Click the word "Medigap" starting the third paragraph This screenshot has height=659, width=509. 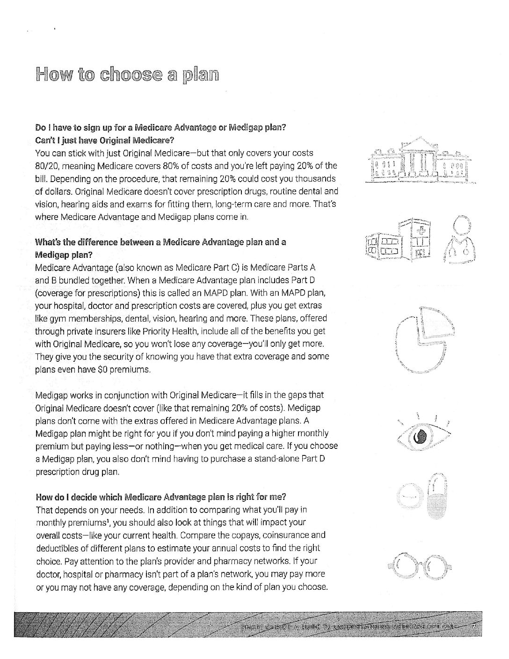[50, 395]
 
